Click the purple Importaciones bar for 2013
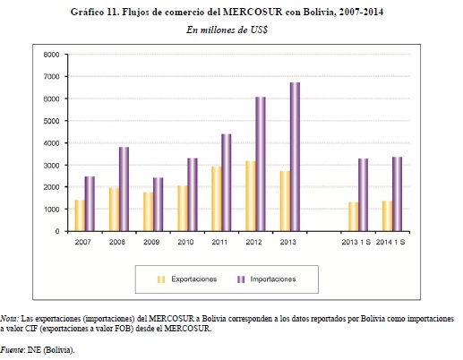coord(295,157)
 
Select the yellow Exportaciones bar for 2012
coord(251,196)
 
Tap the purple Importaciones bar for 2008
coord(124,189)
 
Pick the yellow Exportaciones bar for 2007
coord(80,216)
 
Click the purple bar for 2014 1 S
coord(397,194)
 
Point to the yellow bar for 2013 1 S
coord(353,217)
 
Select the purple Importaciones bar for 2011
coord(227,183)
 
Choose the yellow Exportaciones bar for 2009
coord(148,211)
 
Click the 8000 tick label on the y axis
coord(51,55)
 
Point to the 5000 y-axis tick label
coord(51,121)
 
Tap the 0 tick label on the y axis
coord(57,232)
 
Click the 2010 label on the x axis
coord(185,242)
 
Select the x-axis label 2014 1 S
coord(390,242)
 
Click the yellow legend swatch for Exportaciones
coord(161,279)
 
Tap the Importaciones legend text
coord(273,279)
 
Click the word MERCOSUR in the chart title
coord(253,12)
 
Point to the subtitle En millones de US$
coord(227,30)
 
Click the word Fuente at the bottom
coord(13,349)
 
